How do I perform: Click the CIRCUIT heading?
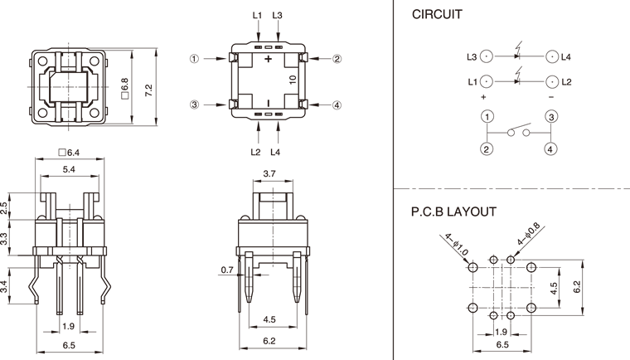(437, 15)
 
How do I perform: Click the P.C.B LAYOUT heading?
(453, 212)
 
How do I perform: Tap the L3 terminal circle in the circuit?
(486, 57)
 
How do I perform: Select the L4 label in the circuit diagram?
(566, 57)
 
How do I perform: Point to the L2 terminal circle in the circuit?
(551, 81)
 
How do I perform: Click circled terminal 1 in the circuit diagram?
(487, 117)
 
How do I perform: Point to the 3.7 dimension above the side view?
(269, 173)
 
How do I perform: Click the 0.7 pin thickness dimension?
(227, 269)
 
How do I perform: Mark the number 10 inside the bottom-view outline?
(293, 80)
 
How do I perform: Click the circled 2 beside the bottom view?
(337, 59)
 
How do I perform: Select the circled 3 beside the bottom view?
(194, 105)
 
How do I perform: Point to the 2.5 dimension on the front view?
(5, 207)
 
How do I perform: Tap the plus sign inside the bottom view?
(268, 61)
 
